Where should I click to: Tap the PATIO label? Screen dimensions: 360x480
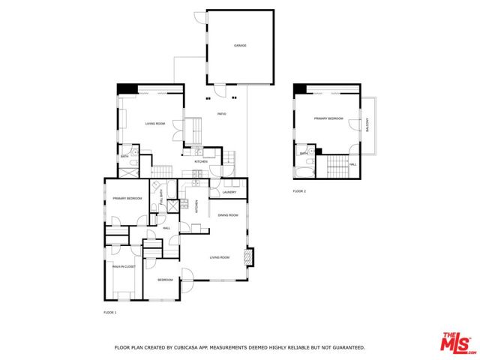pyautogui.click(x=222, y=114)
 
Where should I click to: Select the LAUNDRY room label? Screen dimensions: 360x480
pyautogui.click(x=229, y=192)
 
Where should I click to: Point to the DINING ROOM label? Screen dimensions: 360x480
pyautogui.click(x=228, y=215)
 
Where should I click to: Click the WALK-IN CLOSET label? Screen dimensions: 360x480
pyautogui.click(x=124, y=266)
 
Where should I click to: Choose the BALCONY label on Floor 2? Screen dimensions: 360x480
pyautogui.click(x=367, y=128)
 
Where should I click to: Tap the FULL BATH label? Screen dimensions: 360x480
pyautogui.click(x=161, y=198)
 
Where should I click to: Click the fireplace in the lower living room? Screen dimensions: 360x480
pyautogui.click(x=250, y=256)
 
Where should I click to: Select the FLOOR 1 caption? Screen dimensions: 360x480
pyautogui.click(x=109, y=311)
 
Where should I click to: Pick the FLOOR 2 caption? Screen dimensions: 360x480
pyautogui.click(x=299, y=191)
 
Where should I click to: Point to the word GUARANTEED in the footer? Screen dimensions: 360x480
pyautogui.click(x=348, y=348)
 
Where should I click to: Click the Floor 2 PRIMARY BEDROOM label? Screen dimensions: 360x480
pyautogui.click(x=328, y=118)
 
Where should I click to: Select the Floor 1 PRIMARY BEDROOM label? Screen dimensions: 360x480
pyautogui.click(x=127, y=198)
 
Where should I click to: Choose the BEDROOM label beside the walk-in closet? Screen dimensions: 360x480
pyautogui.click(x=165, y=280)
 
